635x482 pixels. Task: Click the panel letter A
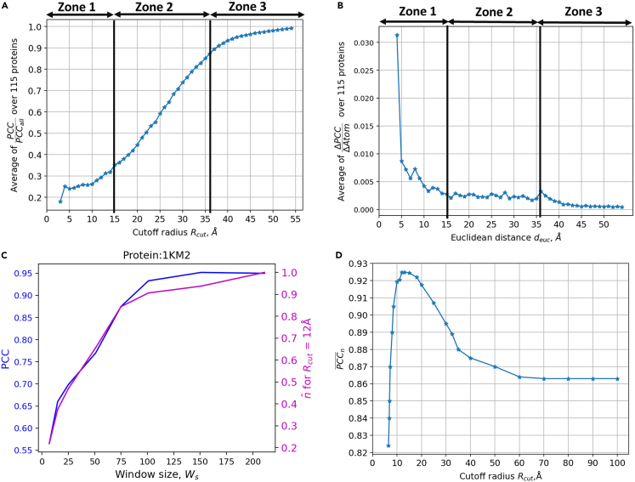point(6,6)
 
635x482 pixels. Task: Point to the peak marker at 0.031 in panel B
point(397,36)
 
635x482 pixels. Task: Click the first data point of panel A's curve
point(60,201)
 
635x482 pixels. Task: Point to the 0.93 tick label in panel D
point(357,264)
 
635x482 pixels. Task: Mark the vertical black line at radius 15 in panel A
point(114,111)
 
